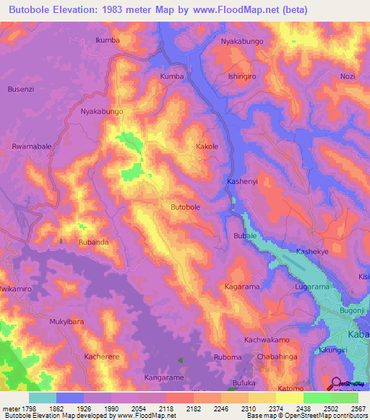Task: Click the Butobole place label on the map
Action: click(185, 207)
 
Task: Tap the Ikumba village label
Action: click(108, 40)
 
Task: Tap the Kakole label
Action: click(207, 146)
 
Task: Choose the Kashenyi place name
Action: click(242, 181)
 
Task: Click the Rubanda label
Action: click(94, 242)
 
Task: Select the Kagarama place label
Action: click(241, 286)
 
